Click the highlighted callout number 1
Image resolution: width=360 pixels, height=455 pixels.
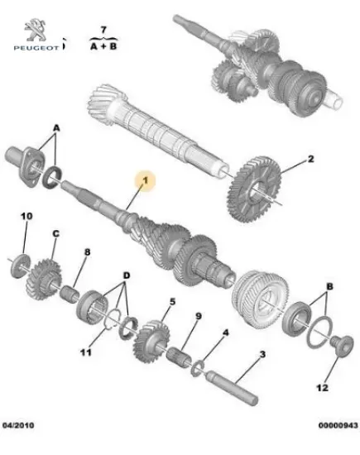(x=145, y=181)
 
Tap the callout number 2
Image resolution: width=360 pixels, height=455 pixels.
(x=310, y=159)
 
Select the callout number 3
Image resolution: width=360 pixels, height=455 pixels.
(x=262, y=354)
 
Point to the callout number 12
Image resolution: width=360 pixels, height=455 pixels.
(x=322, y=388)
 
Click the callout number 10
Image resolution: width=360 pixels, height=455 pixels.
(x=26, y=216)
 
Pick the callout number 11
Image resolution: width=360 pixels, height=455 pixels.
(x=86, y=352)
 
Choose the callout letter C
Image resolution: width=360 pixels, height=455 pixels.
(x=55, y=233)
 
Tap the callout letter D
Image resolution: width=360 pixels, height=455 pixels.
(x=127, y=275)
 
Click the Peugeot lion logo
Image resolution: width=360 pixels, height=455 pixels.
(x=35, y=30)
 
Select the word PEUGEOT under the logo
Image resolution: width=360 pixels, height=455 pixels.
(x=36, y=48)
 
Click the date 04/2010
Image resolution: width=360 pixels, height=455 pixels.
(x=18, y=425)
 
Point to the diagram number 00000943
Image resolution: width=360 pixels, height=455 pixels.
(x=338, y=425)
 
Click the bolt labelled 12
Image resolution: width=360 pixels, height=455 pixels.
(x=342, y=344)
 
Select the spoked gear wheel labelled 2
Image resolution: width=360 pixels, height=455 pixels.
(x=254, y=189)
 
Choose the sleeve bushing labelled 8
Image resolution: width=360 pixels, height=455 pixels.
(x=69, y=293)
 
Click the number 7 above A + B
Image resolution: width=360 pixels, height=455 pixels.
(x=103, y=30)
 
